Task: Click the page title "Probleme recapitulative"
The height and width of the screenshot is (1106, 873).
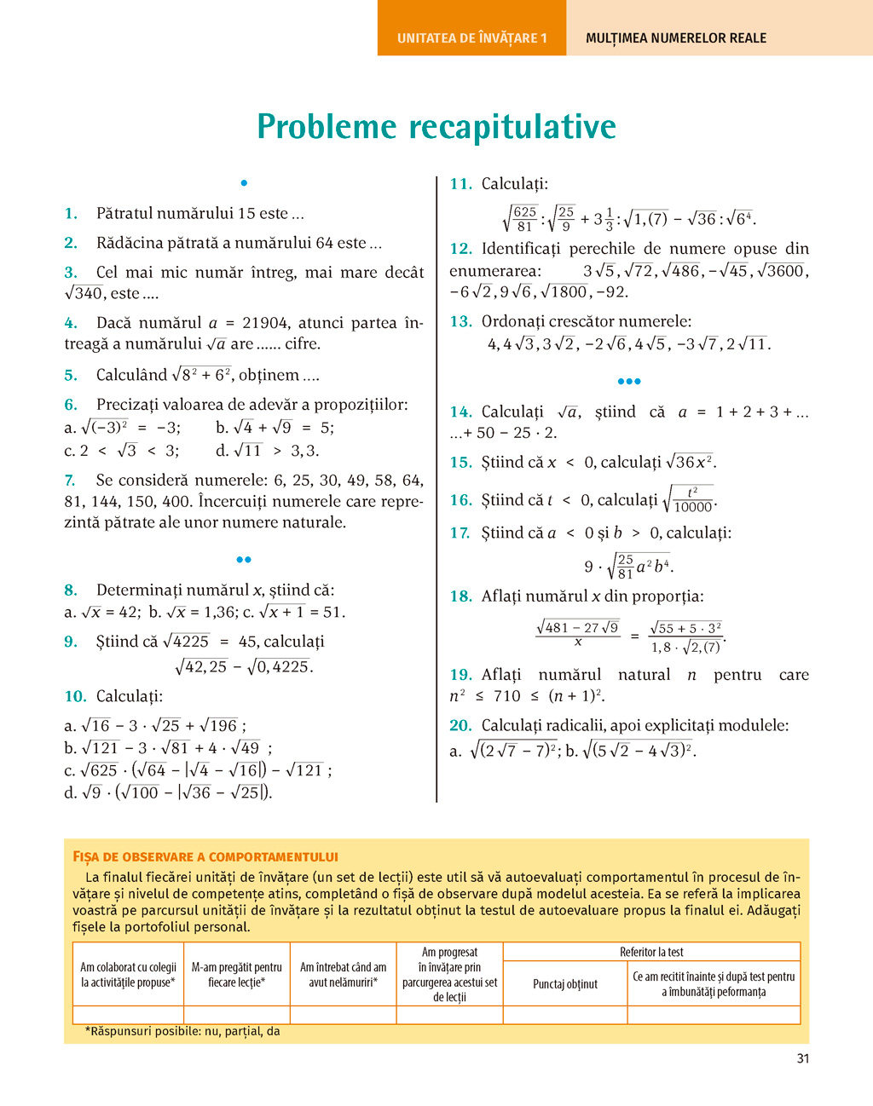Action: (x=436, y=127)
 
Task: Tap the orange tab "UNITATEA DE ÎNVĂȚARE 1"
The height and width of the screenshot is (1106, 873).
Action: (x=471, y=38)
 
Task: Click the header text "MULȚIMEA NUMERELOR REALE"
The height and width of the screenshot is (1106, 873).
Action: (x=676, y=38)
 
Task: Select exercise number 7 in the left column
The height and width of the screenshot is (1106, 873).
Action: (x=70, y=481)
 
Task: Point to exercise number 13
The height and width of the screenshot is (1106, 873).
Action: (x=460, y=322)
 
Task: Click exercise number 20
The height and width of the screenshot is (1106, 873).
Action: (x=460, y=726)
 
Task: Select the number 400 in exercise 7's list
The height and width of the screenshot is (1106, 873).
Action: (x=407, y=481)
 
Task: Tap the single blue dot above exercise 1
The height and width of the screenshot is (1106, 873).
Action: (x=244, y=183)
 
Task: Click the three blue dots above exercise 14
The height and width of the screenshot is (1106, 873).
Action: (x=629, y=382)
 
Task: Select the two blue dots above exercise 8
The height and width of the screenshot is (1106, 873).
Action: (x=244, y=560)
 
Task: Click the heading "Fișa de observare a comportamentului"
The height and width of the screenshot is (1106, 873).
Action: (x=205, y=857)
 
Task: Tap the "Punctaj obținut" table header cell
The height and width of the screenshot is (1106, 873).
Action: (x=565, y=984)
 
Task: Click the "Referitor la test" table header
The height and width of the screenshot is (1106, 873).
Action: (x=651, y=952)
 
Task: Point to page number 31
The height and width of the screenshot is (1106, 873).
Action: (x=802, y=1059)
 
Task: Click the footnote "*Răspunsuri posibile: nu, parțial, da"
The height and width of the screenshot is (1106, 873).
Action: (x=182, y=1031)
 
